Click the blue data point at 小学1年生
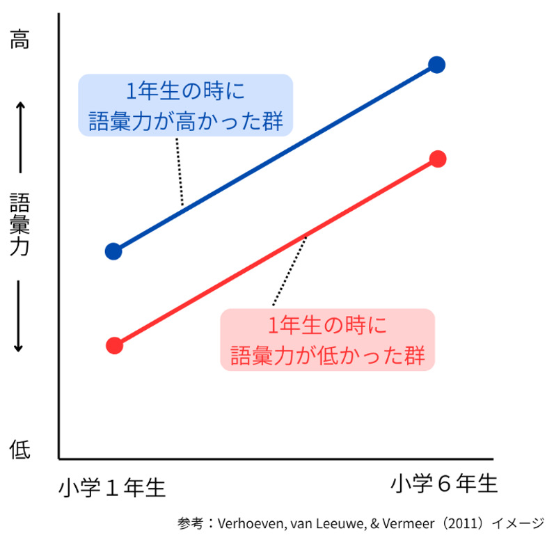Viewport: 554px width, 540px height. coord(113,251)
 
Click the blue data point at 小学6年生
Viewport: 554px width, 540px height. coord(436,65)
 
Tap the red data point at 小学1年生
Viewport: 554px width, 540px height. coord(115,346)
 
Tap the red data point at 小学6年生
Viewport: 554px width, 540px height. coord(437,159)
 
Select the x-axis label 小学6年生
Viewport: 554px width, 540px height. coord(444,484)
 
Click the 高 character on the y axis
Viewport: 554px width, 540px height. coord(19,40)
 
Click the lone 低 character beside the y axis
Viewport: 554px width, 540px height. coord(19,450)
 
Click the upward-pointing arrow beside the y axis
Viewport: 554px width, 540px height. coord(20,136)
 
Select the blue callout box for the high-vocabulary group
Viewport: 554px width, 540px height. coord(185,105)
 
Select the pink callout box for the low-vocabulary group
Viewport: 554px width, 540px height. coord(327,339)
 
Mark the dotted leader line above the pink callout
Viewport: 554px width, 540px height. coord(289,271)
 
